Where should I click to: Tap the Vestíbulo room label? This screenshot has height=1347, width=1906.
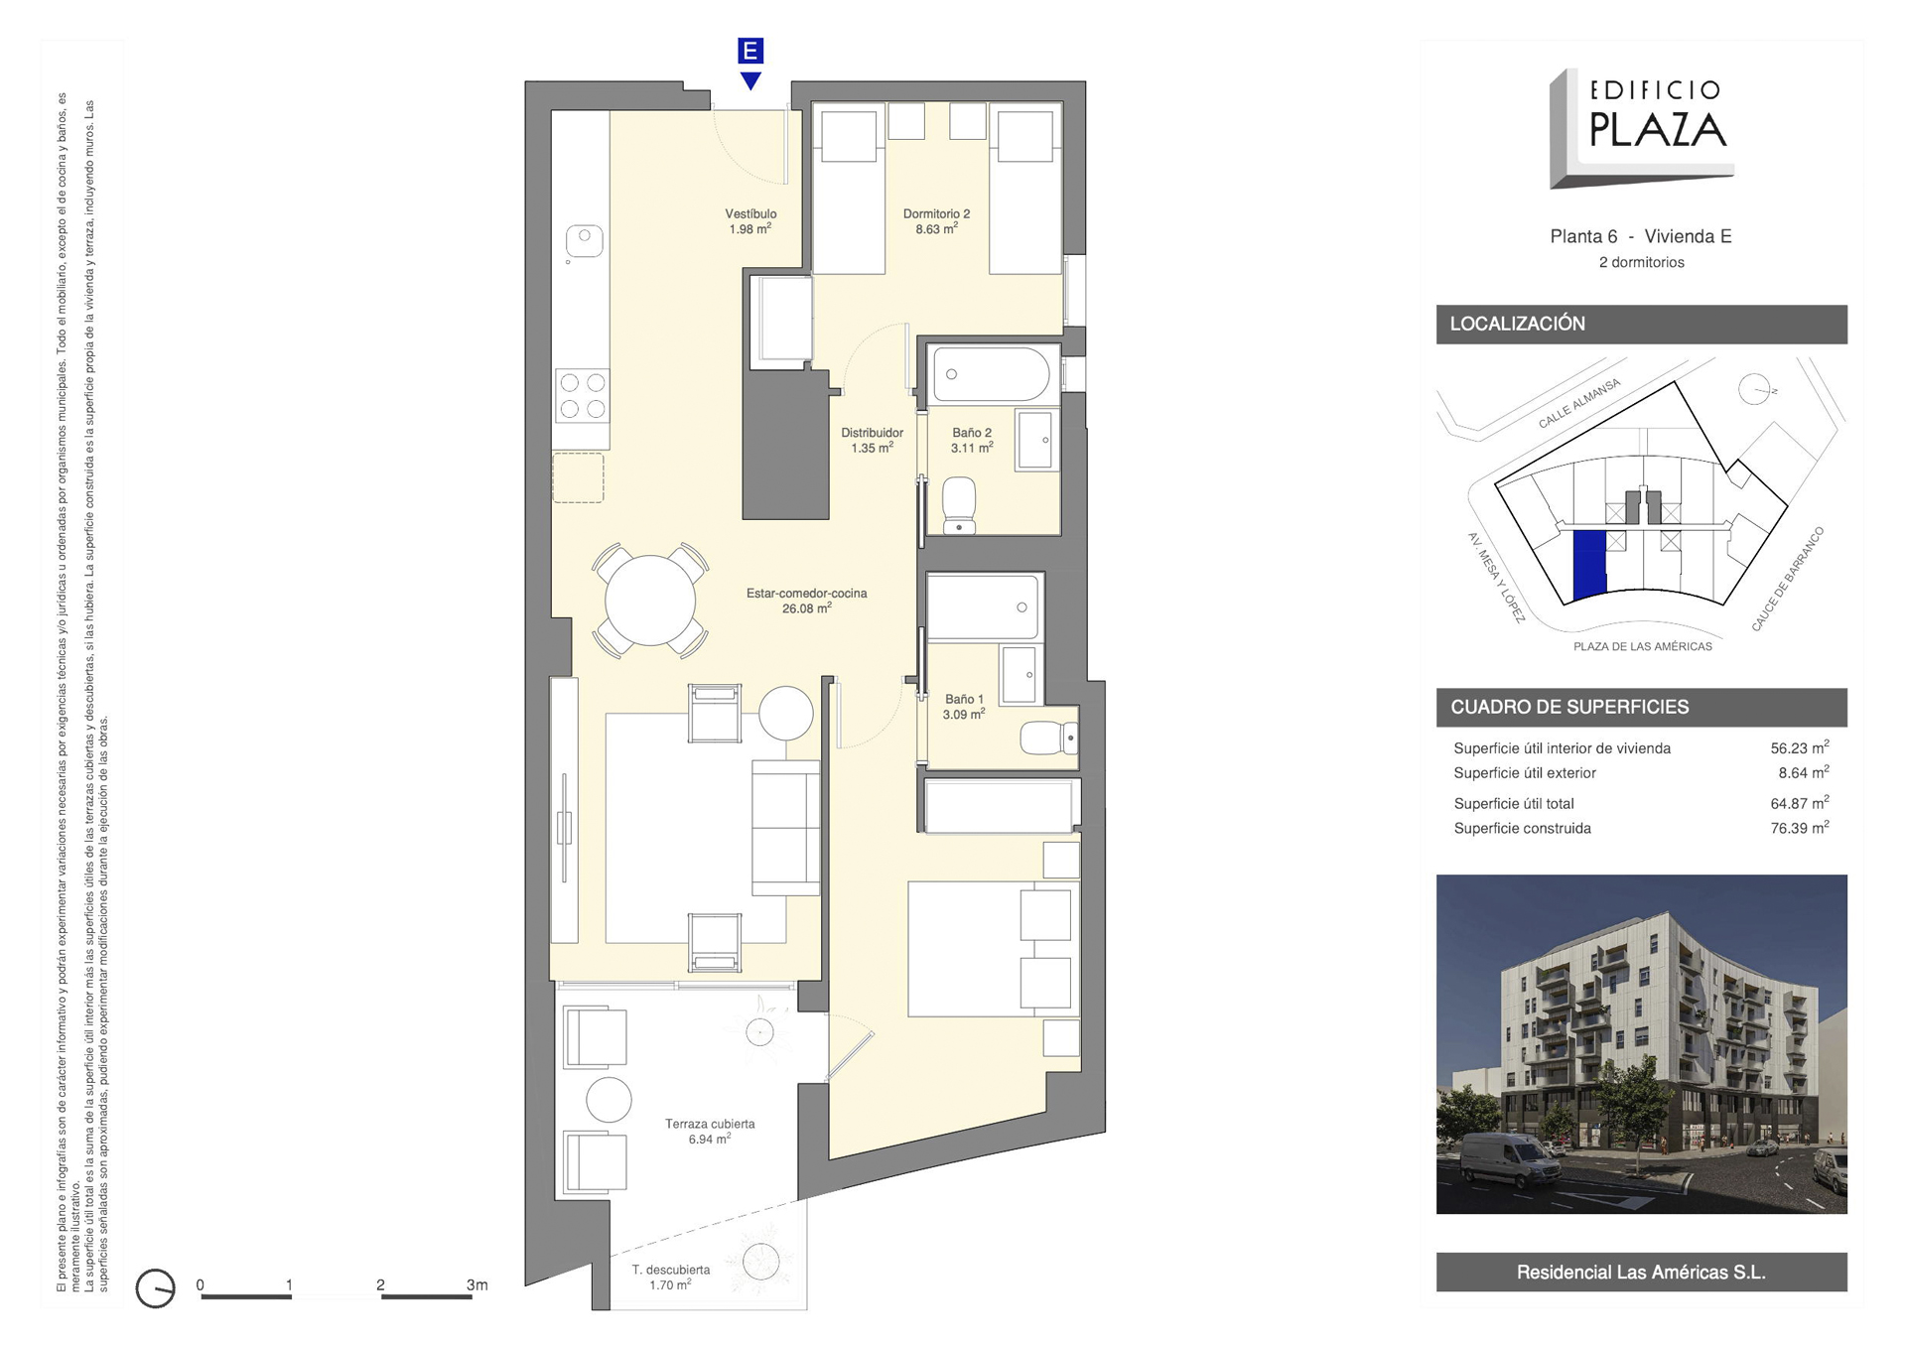pos(750,221)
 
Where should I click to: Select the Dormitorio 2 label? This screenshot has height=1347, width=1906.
pos(936,221)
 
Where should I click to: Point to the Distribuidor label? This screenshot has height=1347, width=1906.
pos(872,441)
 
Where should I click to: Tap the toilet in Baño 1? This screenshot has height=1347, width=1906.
pos(1048,738)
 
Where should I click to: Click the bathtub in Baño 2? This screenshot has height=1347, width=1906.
pos(991,374)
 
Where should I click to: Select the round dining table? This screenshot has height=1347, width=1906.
pos(650,601)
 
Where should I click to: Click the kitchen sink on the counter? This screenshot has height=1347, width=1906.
pos(585,241)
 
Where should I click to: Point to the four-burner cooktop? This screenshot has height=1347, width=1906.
pos(583,395)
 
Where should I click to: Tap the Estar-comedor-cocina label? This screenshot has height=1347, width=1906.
pos(806,601)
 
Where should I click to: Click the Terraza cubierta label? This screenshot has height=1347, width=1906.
pos(710,1132)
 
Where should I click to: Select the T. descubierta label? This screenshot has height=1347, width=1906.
pos(671,1278)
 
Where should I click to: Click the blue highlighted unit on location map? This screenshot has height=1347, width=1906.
pos(1590,564)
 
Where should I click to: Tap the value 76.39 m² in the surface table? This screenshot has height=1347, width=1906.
pos(1800,828)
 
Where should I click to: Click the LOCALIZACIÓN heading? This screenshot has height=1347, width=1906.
pos(1517,324)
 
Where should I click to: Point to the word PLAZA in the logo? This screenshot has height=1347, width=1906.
pos(1658,129)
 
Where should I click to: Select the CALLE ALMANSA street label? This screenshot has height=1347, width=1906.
pos(1578,404)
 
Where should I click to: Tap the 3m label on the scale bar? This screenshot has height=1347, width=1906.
pos(476,1284)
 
